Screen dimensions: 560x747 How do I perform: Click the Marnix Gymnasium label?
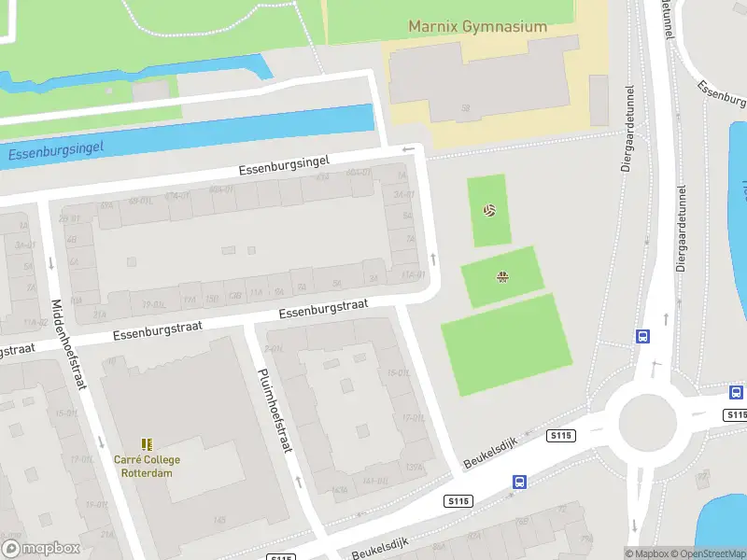(x=477, y=27)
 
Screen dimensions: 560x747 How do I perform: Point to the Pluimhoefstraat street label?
(x=274, y=410)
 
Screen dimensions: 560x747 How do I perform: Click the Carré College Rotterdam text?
(x=147, y=466)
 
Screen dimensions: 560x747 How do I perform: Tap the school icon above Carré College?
(x=147, y=443)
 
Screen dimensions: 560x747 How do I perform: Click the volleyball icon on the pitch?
(x=489, y=210)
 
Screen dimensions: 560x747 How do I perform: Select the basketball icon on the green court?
(x=502, y=275)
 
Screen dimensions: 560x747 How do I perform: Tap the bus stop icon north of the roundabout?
(x=642, y=337)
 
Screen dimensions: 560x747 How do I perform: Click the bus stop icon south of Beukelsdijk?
(x=519, y=483)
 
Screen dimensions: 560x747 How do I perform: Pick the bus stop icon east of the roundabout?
(x=736, y=393)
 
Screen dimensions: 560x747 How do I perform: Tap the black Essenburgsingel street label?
(x=284, y=166)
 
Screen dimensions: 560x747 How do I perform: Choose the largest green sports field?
(x=506, y=343)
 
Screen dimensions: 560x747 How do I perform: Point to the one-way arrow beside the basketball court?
(x=433, y=259)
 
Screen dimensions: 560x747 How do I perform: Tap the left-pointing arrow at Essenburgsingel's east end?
(x=407, y=149)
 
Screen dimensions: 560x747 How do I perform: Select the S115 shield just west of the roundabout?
(x=561, y=436)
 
